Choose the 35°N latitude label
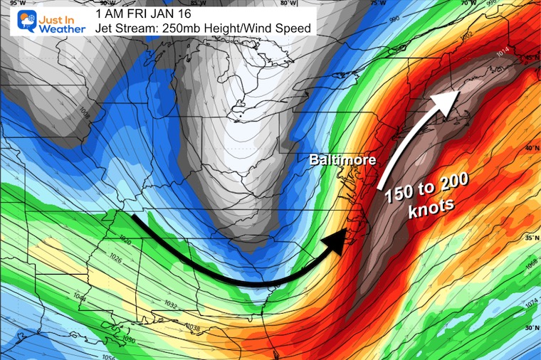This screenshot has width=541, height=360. [x=528, y=238]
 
